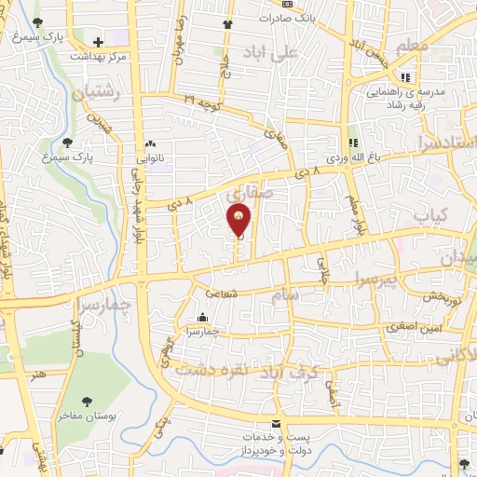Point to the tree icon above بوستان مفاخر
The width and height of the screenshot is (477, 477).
[87, 400]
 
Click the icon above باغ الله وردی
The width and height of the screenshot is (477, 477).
[353, 143]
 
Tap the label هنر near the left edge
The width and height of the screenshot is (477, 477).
[38, 373]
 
